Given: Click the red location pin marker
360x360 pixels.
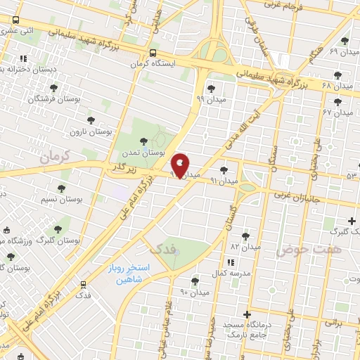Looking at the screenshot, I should pyautogui.click(x=181, y=165).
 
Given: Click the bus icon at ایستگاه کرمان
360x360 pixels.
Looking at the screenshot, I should pyautogui.click(x=153, y=53).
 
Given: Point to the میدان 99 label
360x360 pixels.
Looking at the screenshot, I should pyautogui.click(x=210, y=100).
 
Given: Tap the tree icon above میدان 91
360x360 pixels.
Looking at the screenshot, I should pyautogui.click(x=224, y=169).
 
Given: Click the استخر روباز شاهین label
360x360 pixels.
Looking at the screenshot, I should pyautogui.click(x=126, y=274).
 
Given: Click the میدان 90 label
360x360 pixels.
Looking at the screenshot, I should pyautogui.click(x=195, y=291).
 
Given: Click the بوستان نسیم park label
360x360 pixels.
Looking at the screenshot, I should pyautogui.click(x=79, y=200).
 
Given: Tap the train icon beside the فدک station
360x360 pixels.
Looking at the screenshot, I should pyautogui.click(x=84, y=284).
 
